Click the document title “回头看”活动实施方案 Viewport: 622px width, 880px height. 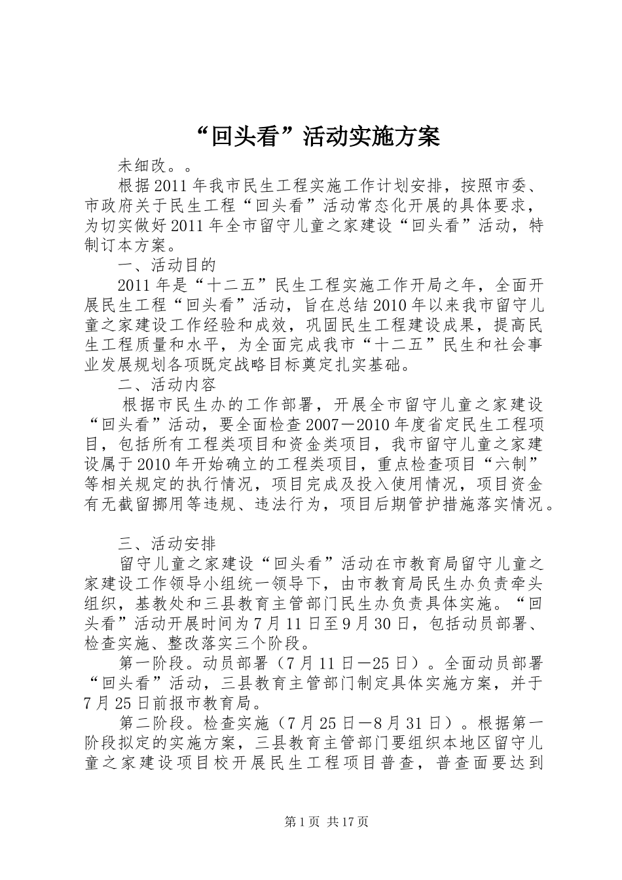point(311,136)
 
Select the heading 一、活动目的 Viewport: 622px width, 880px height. point(167,265)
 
